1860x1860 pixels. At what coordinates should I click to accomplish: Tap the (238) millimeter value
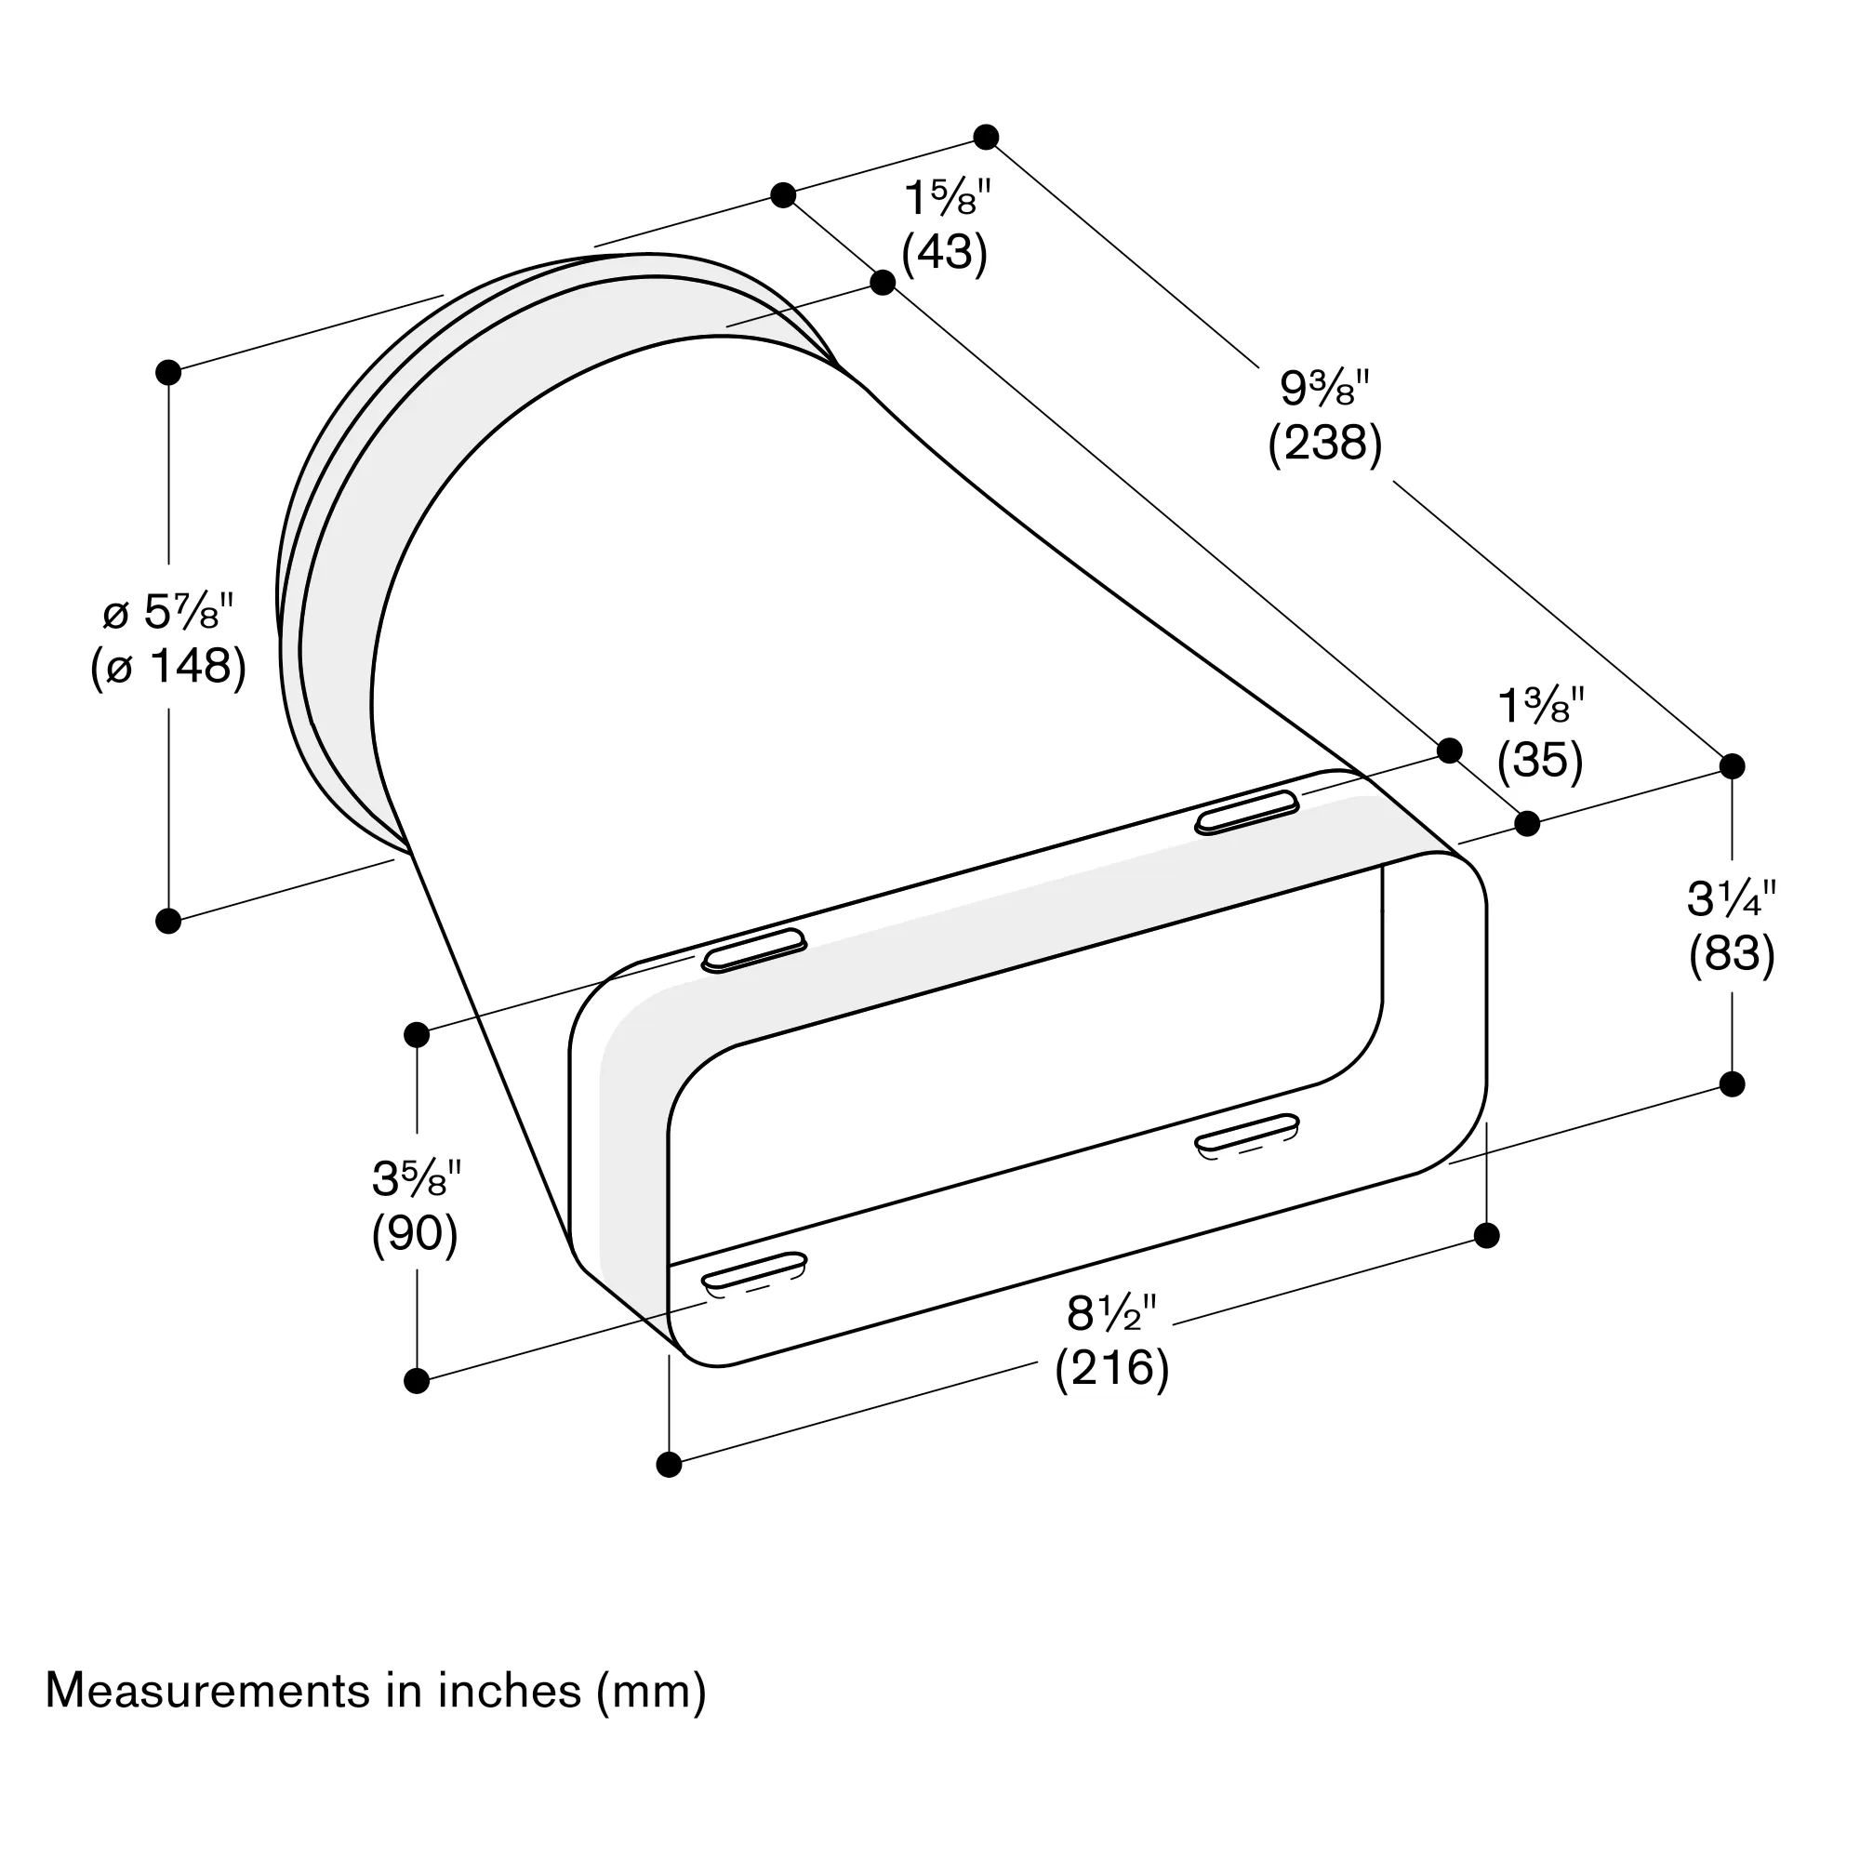pos(1324,444)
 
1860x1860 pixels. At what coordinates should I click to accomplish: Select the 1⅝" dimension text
pos(947,199)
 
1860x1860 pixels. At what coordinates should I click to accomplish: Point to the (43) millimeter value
pos(945,252)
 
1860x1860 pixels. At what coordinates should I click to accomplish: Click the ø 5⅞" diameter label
pos(168,611)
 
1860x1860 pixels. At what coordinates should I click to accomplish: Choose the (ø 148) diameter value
pos(168,666)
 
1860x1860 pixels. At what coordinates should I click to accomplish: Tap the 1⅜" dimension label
pos(1540,708)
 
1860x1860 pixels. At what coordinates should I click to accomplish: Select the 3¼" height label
pos(1731,899)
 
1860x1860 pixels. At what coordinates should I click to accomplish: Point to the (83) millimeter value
pos(1731,954)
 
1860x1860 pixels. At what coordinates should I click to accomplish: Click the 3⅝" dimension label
pos(416,1178)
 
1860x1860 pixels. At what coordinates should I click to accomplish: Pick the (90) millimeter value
pos(415,1233)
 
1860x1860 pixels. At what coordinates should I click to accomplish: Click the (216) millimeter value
pos(1112,1368)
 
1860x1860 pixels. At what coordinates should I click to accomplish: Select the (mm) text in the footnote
pos(651,1692)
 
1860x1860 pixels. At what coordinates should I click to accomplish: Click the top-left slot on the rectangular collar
pos(754,950)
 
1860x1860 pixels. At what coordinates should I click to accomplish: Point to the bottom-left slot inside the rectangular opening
pos(754,1269)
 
